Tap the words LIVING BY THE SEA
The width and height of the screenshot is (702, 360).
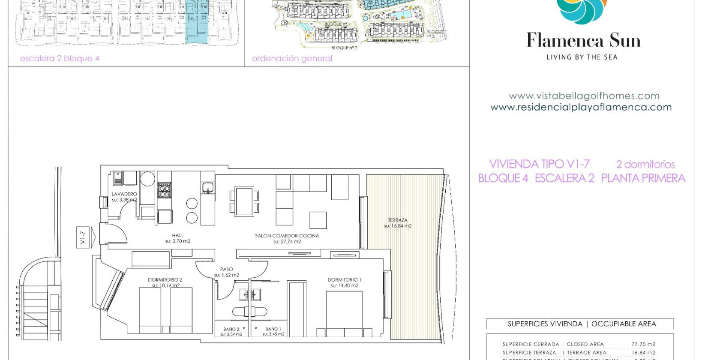click(x=582, y=57)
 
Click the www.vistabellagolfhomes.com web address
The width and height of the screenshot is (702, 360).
click(x=584, y=96)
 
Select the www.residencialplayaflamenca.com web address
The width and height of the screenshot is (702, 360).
click(x=581, y=108)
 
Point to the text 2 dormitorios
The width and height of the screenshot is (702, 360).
click(x=645, y=164)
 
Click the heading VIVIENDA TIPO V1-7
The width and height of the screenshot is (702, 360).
click(x=539, y=164)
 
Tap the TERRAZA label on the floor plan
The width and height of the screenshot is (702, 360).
click(x=397, y=220)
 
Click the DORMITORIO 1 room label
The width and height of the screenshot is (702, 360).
click(x=344, y=280)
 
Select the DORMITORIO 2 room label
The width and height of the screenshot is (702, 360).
click(x=165, y=280)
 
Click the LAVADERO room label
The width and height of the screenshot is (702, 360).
click(x=124, y=194)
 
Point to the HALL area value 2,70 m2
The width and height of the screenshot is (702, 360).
click(x=177, y=241)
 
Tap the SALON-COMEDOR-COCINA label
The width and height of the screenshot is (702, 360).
click(x=287, y=236)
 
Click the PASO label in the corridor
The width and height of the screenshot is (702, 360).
click(x=226, y=270)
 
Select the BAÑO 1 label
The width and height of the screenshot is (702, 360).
click(x=273, y=329)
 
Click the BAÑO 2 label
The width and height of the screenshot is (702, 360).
click(x=231, y=329)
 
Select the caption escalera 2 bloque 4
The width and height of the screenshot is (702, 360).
click(x=60, y=59)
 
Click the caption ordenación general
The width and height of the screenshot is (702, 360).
click(x=292, y=59)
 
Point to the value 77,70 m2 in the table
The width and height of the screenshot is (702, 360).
click(x=643, y=344)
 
